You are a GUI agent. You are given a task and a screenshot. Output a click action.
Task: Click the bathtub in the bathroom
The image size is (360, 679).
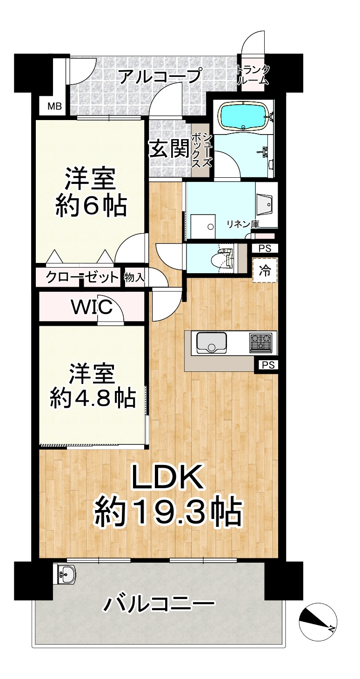coord(244,116)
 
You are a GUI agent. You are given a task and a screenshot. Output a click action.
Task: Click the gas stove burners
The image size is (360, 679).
coord(260,343)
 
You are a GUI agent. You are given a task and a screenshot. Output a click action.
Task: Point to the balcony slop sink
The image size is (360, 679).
coord(66,575)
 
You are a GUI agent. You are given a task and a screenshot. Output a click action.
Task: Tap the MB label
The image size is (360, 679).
coord(55,107)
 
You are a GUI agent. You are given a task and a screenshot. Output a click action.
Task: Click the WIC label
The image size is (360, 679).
coord(92,307)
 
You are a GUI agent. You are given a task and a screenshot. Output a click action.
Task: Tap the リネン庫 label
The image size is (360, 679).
coord(242,224)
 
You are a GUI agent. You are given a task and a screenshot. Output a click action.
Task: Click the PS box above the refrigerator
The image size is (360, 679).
coord(265,249)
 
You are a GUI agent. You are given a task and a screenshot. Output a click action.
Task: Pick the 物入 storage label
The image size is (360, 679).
coord(135,278)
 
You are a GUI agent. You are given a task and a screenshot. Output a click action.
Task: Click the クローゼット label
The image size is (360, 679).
coord(82,278)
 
